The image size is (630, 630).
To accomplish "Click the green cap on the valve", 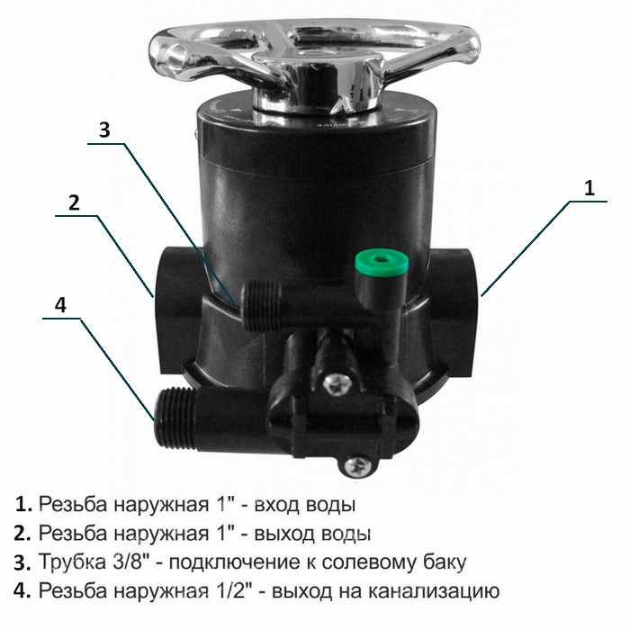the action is click(382, 262).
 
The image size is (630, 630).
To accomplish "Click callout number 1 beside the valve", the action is click(589, 188).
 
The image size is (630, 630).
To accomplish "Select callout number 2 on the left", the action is click(74, 202).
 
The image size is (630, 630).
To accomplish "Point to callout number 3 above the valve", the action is click(104, 130).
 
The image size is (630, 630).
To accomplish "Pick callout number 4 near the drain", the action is click(60, 305).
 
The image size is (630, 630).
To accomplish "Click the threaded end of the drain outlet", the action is click(175, 417).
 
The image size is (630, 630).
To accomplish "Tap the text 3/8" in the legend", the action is click(130, 562).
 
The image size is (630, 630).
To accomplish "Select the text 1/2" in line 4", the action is click(229, 590).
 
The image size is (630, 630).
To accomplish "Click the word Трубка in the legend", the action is click(71, 562).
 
